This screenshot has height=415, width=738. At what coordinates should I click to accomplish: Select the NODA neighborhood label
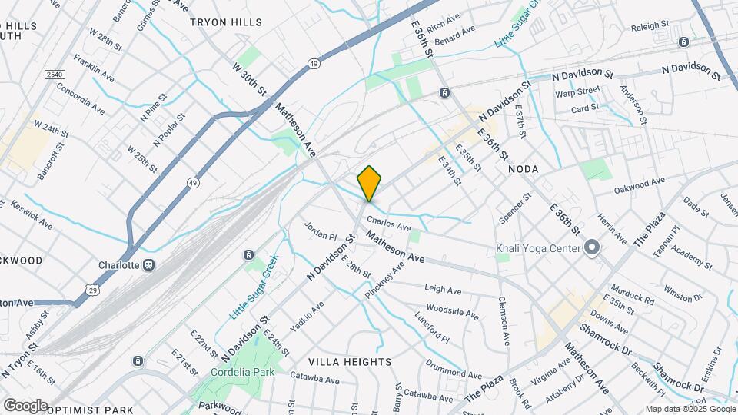(x=522, y=168)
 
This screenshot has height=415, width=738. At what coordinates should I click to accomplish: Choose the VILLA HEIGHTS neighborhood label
(x=350, y=361)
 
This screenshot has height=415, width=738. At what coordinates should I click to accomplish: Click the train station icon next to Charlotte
(x=149, y=265)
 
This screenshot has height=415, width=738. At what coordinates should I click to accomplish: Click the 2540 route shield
(x=53, y=75)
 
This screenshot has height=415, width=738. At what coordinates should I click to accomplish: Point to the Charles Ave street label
(x=394, y=227)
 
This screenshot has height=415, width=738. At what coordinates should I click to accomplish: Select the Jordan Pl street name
(x=321, y=231)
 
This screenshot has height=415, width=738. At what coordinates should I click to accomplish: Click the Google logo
(x=25, y=405)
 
